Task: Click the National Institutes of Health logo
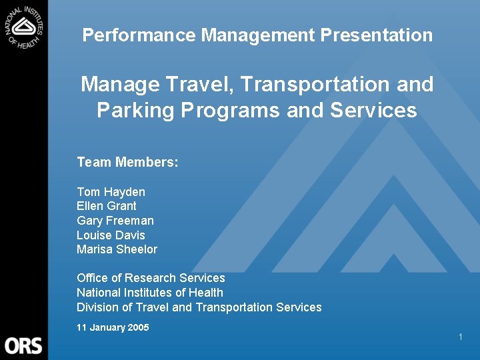[24, 27]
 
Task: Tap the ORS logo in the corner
[23, 345]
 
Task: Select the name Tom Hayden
[111, 192]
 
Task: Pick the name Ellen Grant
[107, 206]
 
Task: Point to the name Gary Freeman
[115, 221]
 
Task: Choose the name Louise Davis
[111, 235]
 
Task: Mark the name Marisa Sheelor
[117, 249]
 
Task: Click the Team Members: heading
[127, 162]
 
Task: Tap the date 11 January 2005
[113, 327]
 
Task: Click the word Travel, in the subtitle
[202, 85]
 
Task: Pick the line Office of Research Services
[151, 278]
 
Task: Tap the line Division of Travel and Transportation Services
[199, 307]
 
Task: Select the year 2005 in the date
[137, 327]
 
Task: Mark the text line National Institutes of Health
[150, 293]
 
